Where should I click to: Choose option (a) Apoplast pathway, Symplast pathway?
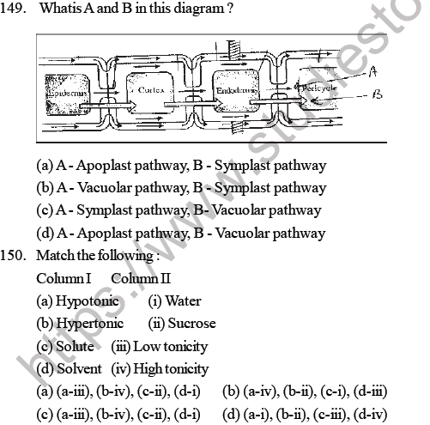pos(181,165)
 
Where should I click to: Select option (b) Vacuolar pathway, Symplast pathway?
pos(181,187)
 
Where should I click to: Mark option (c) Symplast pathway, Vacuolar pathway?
pos(179,209)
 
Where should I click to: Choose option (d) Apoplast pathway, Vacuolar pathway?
pos(181,232)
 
